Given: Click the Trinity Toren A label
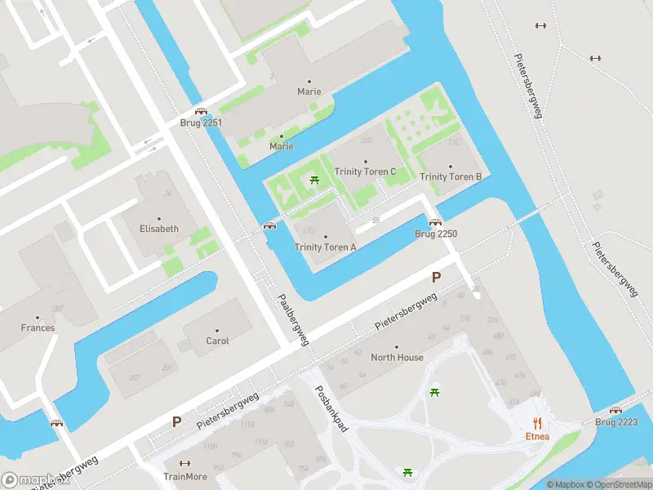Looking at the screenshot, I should point(325,247).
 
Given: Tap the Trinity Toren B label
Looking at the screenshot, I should point(451,177).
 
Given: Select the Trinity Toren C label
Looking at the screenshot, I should point(365,171).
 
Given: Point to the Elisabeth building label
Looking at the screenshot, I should point(158,229).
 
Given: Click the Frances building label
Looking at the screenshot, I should point(38,328).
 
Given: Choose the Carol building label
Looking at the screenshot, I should point(217,341).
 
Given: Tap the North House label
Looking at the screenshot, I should point(398,358).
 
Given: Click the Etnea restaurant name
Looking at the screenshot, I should point(536,436).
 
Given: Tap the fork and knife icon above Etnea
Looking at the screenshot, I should point(537,422).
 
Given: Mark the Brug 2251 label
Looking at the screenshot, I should point(201,123).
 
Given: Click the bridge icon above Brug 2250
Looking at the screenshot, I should point(435,222).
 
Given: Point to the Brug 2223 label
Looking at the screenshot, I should point(616,422).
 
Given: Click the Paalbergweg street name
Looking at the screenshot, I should point(292,321).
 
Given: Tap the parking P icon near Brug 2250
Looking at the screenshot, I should point(436,277).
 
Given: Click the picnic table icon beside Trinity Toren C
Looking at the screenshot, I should point(314,180).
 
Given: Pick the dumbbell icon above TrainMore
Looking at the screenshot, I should point(184,462).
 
